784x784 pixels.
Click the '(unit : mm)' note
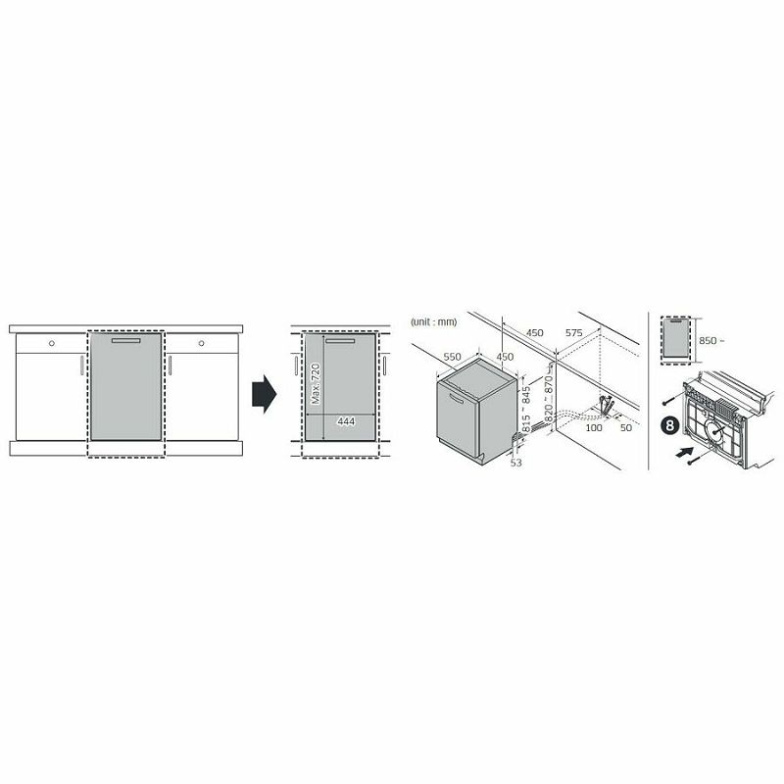point(433,322)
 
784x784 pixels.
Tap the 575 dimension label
point(574,333)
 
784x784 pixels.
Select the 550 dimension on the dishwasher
point(452,357)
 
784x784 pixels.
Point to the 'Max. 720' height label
point(316,384)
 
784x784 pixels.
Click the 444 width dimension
point(346,421)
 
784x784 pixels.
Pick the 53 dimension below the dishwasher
point(516,463)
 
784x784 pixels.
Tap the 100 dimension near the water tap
point(594,427)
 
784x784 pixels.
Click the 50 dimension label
point(626,427)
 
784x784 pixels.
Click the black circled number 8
point(670,425)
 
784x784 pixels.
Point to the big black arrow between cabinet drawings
point(264,394)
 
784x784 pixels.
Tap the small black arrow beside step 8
point(684,452)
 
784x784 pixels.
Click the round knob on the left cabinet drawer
point(52,344)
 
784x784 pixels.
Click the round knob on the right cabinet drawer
point(202,344)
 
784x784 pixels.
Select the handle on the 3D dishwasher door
point(457,399)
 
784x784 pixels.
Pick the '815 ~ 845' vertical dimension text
point(525,410)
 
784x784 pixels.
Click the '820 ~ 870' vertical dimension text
point(549,399)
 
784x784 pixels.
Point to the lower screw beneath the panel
point(697,458)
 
